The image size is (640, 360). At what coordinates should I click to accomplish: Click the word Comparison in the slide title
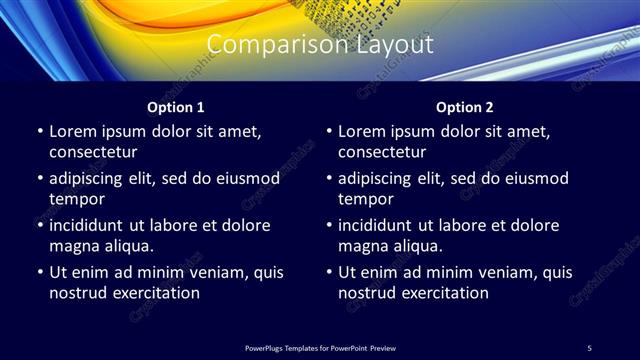tap(263, 45)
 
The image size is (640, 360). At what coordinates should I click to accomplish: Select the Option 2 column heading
tap(465, 106)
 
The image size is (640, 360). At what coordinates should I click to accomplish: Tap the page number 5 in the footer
tap(589, 347)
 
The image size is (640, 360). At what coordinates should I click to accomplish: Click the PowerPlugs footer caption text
tap(319, 347)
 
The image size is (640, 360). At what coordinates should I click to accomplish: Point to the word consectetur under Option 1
tap(93, 152)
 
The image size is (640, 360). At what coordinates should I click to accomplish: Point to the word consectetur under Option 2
tap(383, 152)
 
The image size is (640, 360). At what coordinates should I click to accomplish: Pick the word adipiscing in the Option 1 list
tap(93, 179)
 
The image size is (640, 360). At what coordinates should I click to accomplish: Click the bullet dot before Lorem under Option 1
tap(39, 132)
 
